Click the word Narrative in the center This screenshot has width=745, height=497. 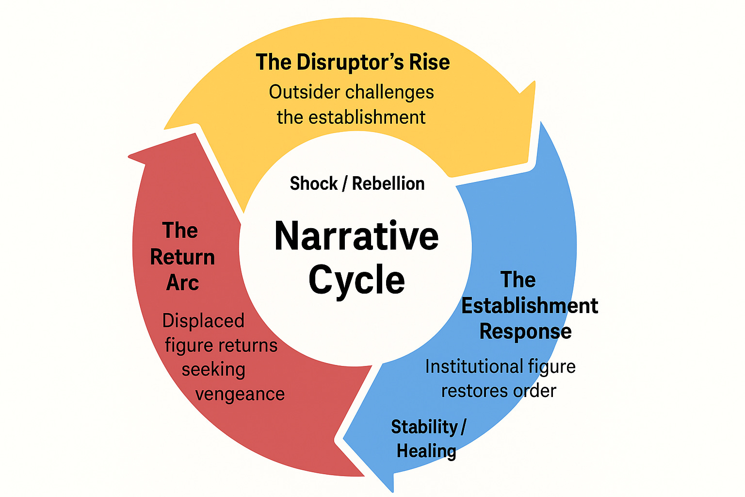tap(356, 236)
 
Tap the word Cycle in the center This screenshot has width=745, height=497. tap(356, 280)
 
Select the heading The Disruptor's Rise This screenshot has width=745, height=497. tap(353, 62)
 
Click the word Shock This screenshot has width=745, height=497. tap(313, 183)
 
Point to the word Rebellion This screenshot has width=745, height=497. tap(388, 183)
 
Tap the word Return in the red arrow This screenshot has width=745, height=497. tap(182, 257)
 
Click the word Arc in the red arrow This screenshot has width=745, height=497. tap(182, 282)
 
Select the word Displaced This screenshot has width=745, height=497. tap(203, 321)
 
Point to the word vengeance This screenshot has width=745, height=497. tap(240, 394)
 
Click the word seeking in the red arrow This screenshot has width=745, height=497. tap(213, 369)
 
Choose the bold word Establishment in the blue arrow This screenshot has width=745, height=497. tap(529, 306)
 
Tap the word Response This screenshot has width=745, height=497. tap(525, 331)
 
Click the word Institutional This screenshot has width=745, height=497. tap(474, 366)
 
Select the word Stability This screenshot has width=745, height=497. tap(424, 427)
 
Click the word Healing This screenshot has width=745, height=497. tap(426, 451)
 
